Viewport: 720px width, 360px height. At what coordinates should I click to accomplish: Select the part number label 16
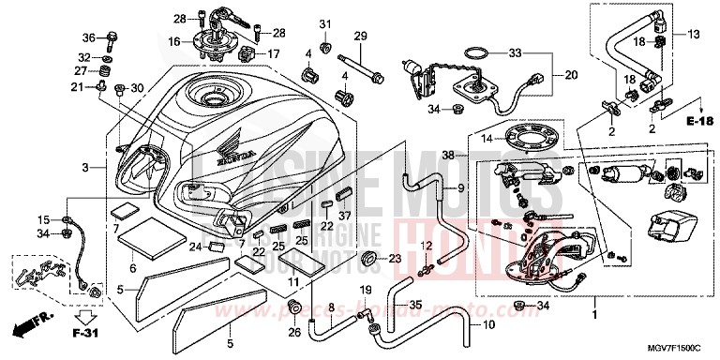pos(174,43)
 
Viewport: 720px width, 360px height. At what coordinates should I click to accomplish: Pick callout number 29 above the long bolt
pos(358,36)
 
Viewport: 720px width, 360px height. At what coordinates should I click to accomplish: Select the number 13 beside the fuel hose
pos(695,35)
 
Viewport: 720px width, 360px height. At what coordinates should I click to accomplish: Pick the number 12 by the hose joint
pos(425,246)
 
